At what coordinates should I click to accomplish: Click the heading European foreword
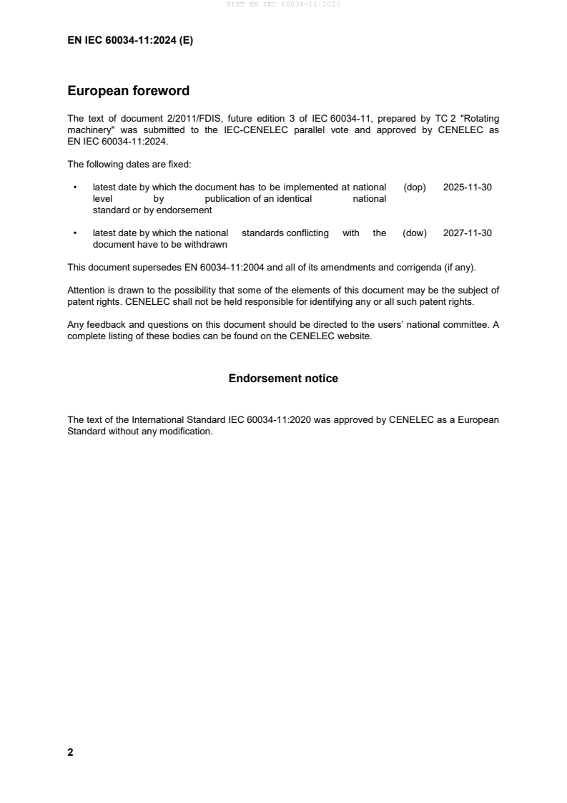tap(128, 91)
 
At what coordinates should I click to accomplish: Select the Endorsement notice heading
tap(283, 378)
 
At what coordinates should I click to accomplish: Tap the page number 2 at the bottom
tap(70, 752)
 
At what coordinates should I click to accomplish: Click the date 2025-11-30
tap(468, 187)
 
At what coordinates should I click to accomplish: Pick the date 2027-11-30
tap(468, 233)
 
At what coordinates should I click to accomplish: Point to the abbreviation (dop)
tap(415, 187)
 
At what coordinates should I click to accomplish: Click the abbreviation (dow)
tap(415, 233)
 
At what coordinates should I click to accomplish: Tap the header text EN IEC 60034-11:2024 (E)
tap(130, 41)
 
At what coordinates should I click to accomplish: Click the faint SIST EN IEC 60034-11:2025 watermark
tap(283, 4)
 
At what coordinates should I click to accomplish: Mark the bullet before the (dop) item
tap(76, 187)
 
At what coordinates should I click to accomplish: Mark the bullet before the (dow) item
tap(76, 233)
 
